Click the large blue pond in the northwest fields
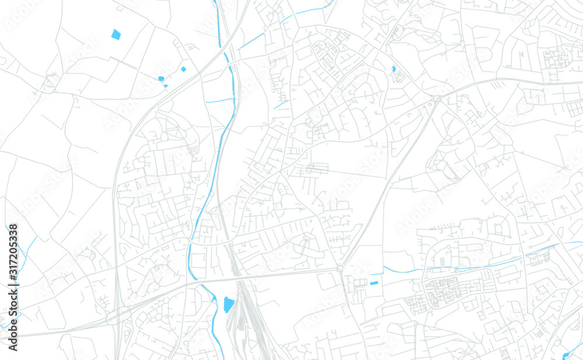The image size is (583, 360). click(116, 34)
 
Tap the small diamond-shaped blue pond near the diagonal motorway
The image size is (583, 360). click(183, 69)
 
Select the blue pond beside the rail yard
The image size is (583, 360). click(229, 304)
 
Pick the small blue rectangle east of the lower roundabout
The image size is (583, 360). click(374, 283)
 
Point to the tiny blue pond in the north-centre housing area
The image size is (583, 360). click(394, 69)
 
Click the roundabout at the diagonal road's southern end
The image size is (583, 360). click(340, 269)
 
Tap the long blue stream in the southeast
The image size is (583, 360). click(466, 265)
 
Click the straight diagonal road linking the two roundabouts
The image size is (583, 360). click(388, 183)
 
